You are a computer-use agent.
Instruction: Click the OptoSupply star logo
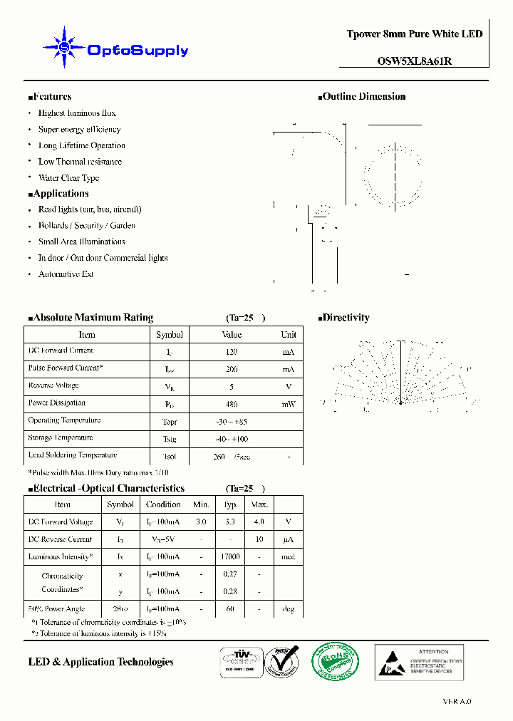[x=65, y=48]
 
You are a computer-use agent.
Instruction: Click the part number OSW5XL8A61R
[x=414, y=61]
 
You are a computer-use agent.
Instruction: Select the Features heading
[x=50, y=97]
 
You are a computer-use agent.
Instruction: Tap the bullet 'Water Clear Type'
[x=68, y=178]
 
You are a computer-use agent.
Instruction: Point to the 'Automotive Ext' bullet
[x=66, y=274]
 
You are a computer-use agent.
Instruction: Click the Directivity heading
[x=344, y=318]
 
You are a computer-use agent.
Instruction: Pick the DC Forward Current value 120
[x=232, y=352]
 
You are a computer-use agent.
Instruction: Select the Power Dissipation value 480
[x=232, y=404]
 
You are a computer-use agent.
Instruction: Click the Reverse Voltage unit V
[x=289, y=387]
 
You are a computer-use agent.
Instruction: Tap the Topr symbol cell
[x=169, y=422]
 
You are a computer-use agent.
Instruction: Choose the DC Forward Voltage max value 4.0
[x=259, y=522]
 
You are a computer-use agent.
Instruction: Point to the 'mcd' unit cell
[x=288, y=557]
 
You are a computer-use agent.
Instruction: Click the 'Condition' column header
[x=163, y=504]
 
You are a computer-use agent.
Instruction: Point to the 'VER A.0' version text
[x=457, y=701]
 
